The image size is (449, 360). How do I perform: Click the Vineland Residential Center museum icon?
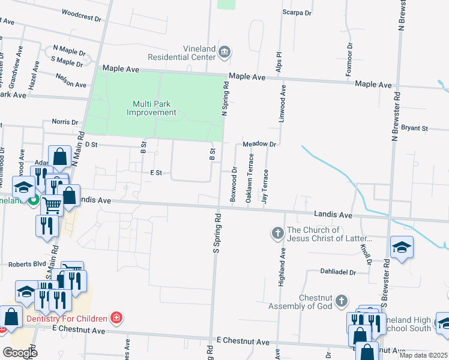click(x=224, y=52)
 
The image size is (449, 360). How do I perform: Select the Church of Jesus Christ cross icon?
click(x=277, y=232)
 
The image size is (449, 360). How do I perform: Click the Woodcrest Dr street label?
click(x=82, y=15)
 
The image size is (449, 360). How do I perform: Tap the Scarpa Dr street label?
click(x=298, y=12)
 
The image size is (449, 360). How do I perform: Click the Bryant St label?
click(x=414, y=128)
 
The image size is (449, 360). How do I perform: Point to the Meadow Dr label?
click(x=259, y=145)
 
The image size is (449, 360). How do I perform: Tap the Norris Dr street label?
click(x=65, y=122)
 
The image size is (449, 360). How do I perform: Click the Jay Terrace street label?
click(x=265, y=186)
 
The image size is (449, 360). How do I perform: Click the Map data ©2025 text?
click(x=423, y=355)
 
